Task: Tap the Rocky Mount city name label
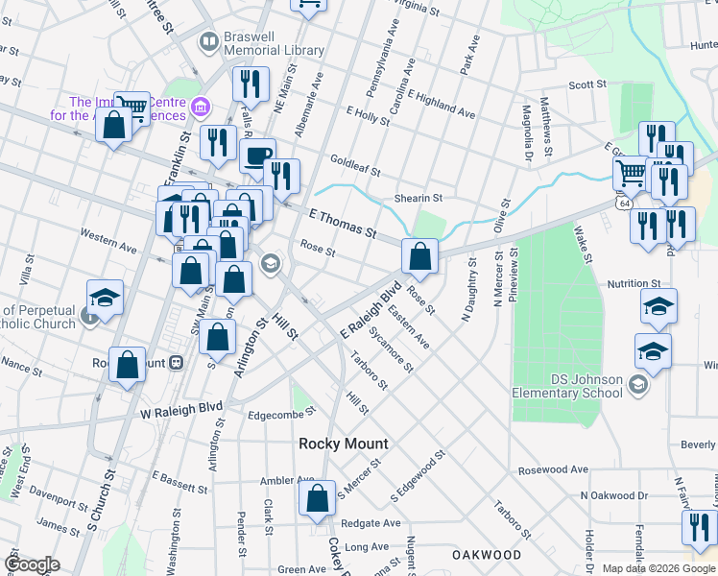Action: (344, 444)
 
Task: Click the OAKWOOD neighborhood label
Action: (487, 555)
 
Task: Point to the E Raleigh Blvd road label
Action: (371, 309)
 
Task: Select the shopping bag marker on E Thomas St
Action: (419, 255)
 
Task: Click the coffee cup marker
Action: (257, 156)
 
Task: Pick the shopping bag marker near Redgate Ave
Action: (316, 499)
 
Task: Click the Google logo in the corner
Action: (32, 564)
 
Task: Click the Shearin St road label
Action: (418, 198)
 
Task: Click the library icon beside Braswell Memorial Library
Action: (208, 41)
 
